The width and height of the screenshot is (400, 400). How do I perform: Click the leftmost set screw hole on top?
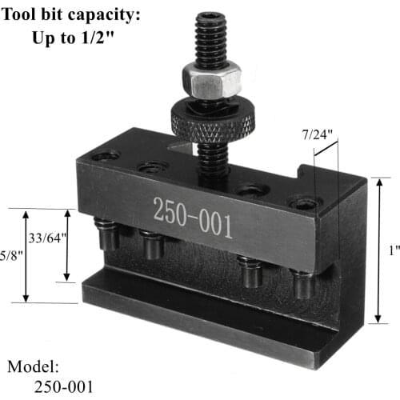pos(106,155)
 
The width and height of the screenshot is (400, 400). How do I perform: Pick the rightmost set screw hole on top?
pos(306,202)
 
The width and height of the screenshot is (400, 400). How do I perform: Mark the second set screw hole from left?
pos(152,167)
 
